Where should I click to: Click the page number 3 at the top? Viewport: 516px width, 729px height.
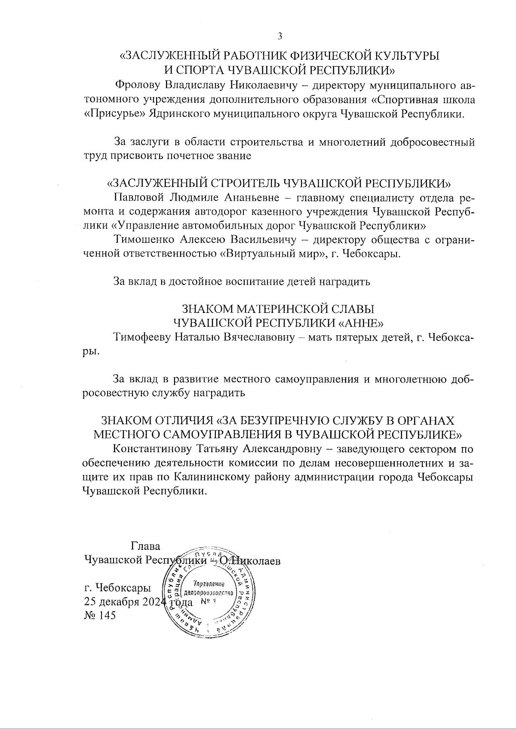coord(279,36)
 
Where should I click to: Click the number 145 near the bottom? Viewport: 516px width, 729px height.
coord(107,616)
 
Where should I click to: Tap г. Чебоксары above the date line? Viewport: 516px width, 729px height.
coord(118,587)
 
